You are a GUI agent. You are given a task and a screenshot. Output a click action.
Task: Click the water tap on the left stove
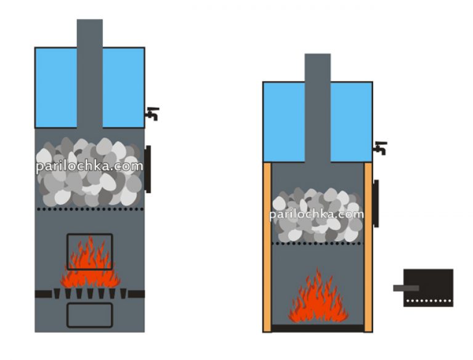coord(152,114)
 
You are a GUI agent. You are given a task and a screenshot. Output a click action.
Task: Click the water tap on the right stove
coord(381,148)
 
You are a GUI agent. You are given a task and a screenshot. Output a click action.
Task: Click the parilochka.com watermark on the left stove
coord(89,167)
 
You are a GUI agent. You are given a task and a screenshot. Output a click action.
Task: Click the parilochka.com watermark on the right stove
coord(317,215)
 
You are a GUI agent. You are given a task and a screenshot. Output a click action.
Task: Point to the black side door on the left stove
coord(148,169)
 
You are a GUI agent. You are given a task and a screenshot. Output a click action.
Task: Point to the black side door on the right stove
coord(376,203)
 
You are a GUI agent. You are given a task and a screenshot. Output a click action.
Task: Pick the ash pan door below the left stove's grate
coord(90,314)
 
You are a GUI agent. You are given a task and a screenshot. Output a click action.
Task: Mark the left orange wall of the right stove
coord(267,246)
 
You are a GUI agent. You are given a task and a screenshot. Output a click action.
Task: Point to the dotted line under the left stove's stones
coord(90,209)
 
